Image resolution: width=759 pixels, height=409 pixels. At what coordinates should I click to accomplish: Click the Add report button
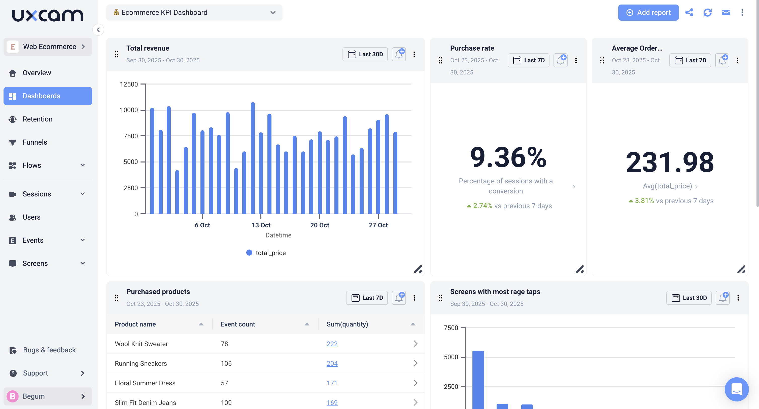click(648, 12)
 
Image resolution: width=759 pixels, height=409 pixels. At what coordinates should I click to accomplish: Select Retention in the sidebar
click(38, 119)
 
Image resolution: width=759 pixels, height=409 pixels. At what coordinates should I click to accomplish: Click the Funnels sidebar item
click(35, 142)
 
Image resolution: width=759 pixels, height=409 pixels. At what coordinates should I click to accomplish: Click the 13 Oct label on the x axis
click(261, 225)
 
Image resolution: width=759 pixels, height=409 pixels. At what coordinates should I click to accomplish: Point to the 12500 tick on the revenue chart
click(129, 84)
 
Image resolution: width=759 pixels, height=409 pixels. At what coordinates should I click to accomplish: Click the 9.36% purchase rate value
click(508, 157)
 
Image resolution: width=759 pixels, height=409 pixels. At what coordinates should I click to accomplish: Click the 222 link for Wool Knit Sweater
click(332, 344)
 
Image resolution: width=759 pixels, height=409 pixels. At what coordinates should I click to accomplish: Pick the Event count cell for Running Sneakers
click(226, 363)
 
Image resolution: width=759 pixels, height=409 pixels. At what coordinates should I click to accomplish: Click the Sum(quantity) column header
click(347, 324)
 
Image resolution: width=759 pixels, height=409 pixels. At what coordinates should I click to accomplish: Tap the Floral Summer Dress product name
click(145, 383)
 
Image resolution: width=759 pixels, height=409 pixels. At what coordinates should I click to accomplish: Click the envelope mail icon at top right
click(726, 12)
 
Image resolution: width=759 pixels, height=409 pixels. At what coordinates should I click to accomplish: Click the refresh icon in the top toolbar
click(707, 12)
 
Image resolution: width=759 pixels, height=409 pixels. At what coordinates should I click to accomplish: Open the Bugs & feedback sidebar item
click(49, 350)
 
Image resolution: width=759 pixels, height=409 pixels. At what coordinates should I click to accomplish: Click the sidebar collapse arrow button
click(98, 30)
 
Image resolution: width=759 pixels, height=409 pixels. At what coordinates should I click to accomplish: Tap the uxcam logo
click(47, 15)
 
